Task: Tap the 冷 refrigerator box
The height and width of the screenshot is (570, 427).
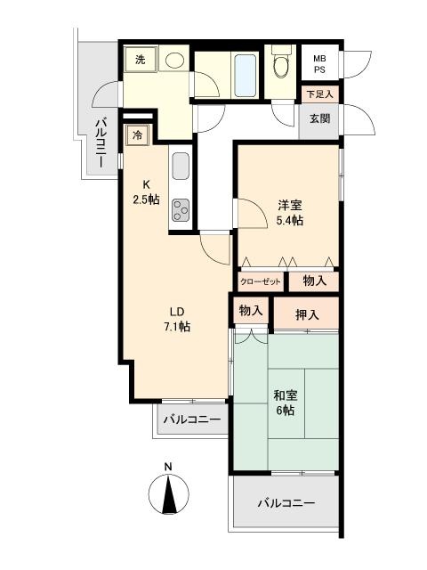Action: pyautogui.click(x=138, y=135)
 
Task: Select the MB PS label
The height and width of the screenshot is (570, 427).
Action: pyautogui.click(x=318, y=65)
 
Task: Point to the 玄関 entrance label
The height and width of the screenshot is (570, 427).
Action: pyautogui.click(x=319, y=118)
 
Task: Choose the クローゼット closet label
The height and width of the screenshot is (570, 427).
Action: pyautogui.click(x=261, y=281)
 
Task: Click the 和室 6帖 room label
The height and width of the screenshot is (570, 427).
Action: pyautogui.click(x=285, y=401)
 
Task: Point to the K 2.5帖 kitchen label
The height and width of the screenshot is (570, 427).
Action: pyautogui.click(x=146, y=192)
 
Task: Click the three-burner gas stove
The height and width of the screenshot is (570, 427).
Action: pyautogui.click(x=181, y=209)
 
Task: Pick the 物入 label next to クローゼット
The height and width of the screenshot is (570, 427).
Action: pyautogui.click(x=314, y=281)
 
